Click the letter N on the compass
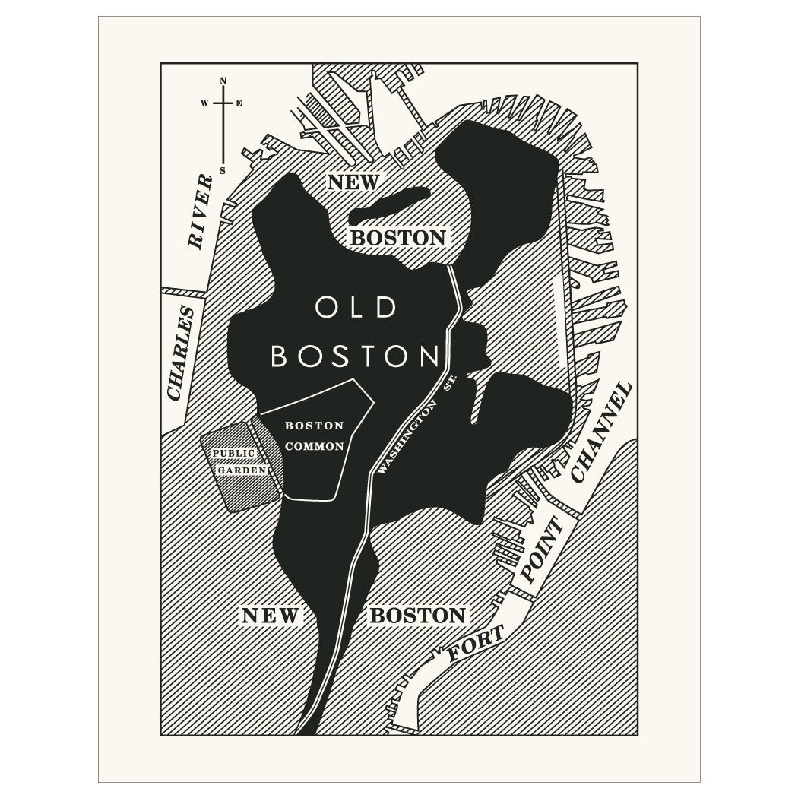click(223, 81)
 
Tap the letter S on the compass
click(223, 170)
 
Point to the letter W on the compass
click(204, 103)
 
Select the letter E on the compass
click(239, 103)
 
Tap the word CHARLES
click(180, 353)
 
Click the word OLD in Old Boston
click(356, 309)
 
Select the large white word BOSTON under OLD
click(356, 356)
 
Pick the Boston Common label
click(314, 436)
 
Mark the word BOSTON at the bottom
click(417, 616)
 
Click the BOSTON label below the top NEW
click(397, 238)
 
